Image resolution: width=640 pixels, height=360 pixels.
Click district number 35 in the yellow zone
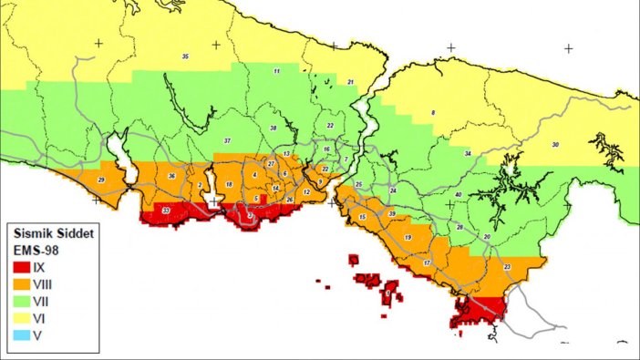[x=185, y=57]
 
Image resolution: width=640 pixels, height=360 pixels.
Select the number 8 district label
[x=432, y=112]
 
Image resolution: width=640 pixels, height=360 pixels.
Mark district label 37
[x=227, y=141]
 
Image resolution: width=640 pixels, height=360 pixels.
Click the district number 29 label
[x=100, y=181]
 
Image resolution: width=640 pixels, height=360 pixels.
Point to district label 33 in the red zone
[x=165, y=211]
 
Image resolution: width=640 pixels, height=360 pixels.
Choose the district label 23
[x=507, y=266]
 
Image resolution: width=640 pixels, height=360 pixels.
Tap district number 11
[x=276, y=71]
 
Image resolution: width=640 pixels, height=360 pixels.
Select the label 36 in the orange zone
[x=170, y=175]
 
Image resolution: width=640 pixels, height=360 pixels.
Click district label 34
[x=468, y=154]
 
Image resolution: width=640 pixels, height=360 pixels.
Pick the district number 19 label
[x=408, y=237]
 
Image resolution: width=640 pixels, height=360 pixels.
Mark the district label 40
[x=458, y=195]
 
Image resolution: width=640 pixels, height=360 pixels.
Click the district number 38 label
[x=273, y=129]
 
